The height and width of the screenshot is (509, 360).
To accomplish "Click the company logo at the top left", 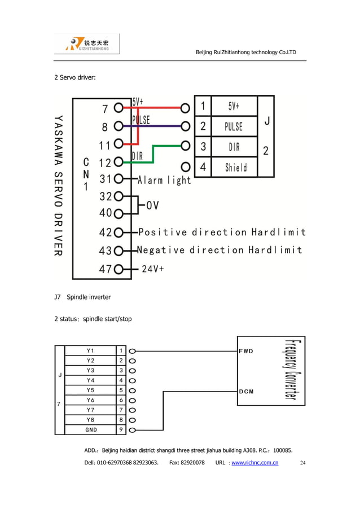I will click(x=87, y=44).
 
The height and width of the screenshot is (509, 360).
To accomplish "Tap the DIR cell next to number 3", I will click(x=234, y=147).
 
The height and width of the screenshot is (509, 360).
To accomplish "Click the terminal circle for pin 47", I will click(x=118, y=269).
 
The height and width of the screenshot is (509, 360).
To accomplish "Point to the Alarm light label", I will click(x=164, y=181).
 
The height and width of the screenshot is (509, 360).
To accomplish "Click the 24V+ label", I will click(x=152, y=269).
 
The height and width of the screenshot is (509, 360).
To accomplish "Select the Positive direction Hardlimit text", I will click(x=222, y=232).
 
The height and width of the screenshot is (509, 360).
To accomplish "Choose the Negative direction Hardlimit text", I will click(x=220, y=250).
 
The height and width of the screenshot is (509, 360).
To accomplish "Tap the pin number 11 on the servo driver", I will click(x=105, y=145).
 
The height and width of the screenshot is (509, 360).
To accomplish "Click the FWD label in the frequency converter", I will click(x=246, y=351).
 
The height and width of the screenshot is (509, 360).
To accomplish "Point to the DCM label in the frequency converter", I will click(x=246, y=391).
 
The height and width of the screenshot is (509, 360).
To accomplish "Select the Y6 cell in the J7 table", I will click(x=91, y=400).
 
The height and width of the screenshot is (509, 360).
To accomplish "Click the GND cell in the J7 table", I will click(x=91, y=430).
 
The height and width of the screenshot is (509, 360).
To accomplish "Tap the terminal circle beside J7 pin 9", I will click(x=132, y=430).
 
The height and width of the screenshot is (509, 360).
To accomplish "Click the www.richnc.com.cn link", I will click(x=255, y=463).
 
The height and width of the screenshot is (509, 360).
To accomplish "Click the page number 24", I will click(x=302, y=463).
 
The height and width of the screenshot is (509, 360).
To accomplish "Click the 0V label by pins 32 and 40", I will click(x=152, y=206).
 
